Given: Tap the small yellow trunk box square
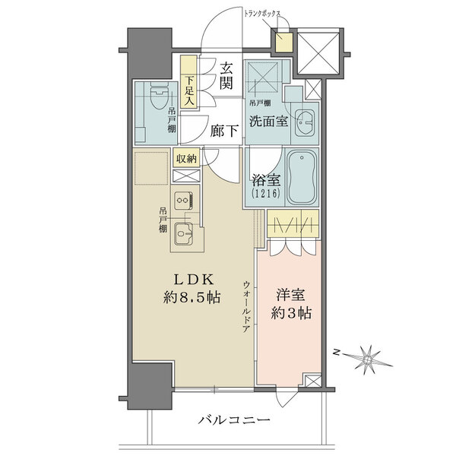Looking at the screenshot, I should click(283, 44).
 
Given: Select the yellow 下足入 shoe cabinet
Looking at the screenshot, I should click(189, 83).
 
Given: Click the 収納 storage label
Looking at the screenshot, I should click(187, 159).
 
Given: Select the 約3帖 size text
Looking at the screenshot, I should click(292, 313).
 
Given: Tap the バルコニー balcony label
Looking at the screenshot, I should click(236, 420).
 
